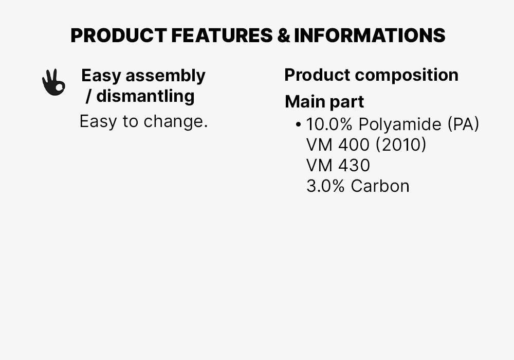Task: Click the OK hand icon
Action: [53, 82]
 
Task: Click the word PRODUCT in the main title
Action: [118, 35]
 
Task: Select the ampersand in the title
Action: [283, 35]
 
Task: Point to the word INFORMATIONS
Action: [370, 35]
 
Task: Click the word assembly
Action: [165, 76]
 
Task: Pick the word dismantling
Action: [145, 96]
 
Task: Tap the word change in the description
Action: [175, 122]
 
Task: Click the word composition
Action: [407, 75]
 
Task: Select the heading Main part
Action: [324, 102]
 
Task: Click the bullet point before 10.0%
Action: [299, 124]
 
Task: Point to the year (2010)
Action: [401, 145]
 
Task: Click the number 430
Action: [354, 166]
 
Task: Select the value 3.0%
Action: [325, 186]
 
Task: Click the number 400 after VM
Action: [354, 145]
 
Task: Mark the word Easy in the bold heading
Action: [101, 76]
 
